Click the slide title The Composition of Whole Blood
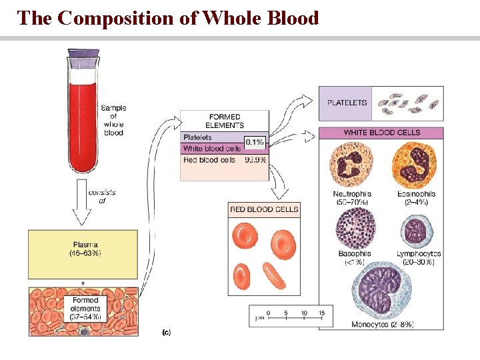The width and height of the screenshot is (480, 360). pos(168,17)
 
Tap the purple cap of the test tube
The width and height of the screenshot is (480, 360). pos(83,59)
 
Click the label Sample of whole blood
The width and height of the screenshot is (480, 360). pos(113,121)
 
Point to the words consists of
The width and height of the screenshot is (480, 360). pos(101,196)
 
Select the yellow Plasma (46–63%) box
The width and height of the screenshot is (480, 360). pos(83,249)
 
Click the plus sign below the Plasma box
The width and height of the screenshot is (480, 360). pos(83,283)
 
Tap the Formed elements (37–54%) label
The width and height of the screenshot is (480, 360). pos(86,309)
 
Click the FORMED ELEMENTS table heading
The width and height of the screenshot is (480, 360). pos(225,121)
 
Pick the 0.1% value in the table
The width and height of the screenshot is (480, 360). pos(255,142)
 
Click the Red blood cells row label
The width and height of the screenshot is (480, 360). pos(209,160)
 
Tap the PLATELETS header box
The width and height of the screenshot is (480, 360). pos(346,103)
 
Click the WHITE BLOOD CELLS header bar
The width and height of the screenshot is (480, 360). pos(381,133)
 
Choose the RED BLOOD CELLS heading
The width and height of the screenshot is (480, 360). pos(264,209)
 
